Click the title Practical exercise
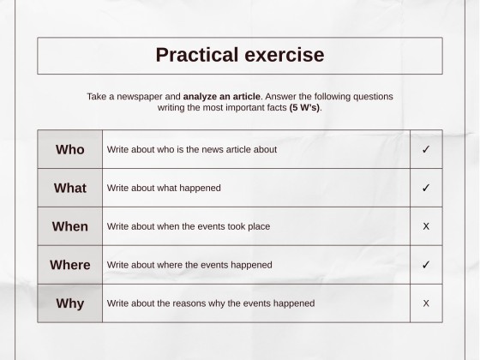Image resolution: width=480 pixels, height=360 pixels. [240, 55]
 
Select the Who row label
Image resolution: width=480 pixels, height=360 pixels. [70, 149]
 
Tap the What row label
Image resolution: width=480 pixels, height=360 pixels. [70, 188]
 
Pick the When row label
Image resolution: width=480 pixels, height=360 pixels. [70, 226]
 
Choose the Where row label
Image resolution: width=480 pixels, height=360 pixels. [70, 265]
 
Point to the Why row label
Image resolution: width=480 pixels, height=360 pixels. [70, 303]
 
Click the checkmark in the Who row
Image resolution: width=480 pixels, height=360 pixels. [426, 149]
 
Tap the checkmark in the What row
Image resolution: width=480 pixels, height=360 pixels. [426, 188]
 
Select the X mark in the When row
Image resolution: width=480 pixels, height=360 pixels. [426, 226]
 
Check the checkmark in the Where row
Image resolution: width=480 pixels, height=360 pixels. [426, 265]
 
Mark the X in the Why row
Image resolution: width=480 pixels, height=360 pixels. [426, 303]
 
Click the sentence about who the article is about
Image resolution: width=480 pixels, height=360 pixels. [192, 149]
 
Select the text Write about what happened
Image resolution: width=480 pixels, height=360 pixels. [164, 188]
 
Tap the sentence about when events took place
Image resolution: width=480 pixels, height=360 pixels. [189, 226]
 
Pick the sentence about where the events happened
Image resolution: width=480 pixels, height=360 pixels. [189, 265]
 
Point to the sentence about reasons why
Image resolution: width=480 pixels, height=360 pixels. [211, 303]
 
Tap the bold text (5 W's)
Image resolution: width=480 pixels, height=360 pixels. [304, 108]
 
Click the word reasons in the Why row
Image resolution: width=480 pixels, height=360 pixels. [201, 303]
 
